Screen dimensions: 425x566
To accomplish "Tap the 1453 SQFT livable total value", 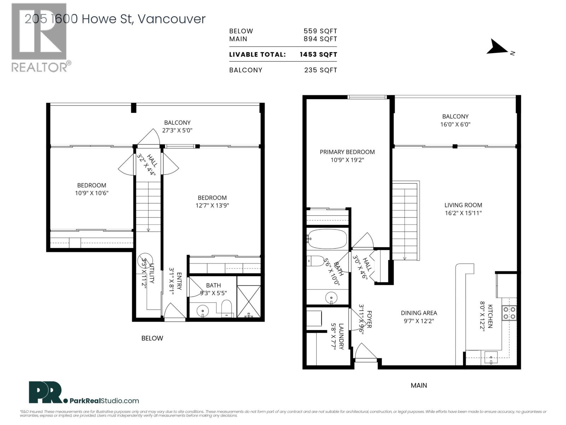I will (x=318, y=55).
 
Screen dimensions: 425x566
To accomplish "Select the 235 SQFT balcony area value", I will (x=320, y=70).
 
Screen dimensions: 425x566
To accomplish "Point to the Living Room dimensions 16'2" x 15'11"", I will (x=463, y=213).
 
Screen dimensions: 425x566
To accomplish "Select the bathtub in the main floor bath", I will (x=327, y=239).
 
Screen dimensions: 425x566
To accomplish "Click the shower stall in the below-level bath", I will (x=249, y=302).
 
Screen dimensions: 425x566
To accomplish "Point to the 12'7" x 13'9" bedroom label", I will (x=212, y=202).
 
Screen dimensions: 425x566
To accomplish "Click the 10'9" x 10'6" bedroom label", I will (x=92, y=189).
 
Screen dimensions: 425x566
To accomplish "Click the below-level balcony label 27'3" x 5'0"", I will (x=177, y=126).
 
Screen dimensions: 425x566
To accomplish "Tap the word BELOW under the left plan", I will (x=152, y=338).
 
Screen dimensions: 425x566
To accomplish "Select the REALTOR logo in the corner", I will (x=39, y=37).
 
